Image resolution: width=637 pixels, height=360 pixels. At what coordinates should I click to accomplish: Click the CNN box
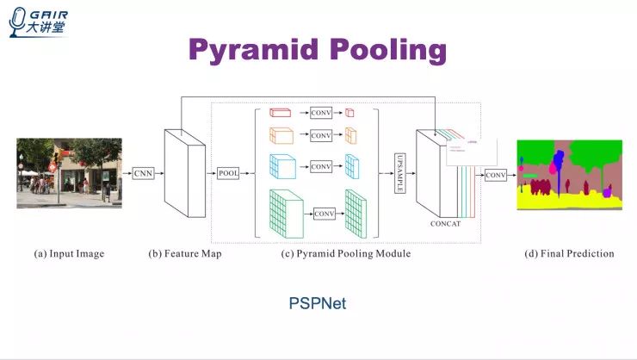click(143, 173)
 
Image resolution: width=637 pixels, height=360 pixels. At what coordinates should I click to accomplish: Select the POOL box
click(228, 173)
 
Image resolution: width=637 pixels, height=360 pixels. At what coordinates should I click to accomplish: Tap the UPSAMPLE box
click(399, 174)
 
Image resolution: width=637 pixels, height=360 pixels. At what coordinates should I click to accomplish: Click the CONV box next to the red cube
click(321, 112)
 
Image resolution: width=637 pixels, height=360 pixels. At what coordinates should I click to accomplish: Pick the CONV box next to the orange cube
click(321, 135)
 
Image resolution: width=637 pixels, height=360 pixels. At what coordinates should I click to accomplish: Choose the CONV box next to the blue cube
click(321, 165)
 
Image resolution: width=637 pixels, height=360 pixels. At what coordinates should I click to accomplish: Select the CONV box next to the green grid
click(325, 214)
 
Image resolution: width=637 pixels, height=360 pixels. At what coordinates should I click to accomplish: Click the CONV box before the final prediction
click(496, 175)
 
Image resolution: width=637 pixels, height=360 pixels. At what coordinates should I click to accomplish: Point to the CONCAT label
click(446, 224)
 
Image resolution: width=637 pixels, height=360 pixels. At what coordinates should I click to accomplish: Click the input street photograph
click(59, 172)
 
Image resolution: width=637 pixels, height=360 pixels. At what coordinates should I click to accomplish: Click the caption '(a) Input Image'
click(69, 254)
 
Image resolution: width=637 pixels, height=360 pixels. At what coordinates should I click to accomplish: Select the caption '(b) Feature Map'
click(185, 254)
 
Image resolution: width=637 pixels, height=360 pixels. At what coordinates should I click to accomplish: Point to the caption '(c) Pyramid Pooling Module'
click(346, 254)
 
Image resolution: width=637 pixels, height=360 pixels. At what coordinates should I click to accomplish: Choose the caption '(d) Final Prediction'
click(570, 254)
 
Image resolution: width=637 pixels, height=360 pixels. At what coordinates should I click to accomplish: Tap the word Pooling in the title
click(387, 49)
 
